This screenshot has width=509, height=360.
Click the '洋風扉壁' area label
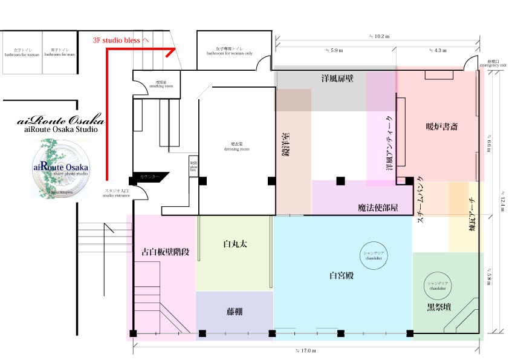[337, 79]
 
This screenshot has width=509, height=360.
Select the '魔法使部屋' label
[378, 208]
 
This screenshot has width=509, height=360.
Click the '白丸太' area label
[236, 244]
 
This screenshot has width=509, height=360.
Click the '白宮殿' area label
[342, 275]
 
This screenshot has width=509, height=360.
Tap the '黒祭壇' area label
[438, 307]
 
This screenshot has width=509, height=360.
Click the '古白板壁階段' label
[165, 252]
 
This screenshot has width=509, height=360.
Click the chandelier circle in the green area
[438, 286]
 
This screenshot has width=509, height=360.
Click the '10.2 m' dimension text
[379, 36]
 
